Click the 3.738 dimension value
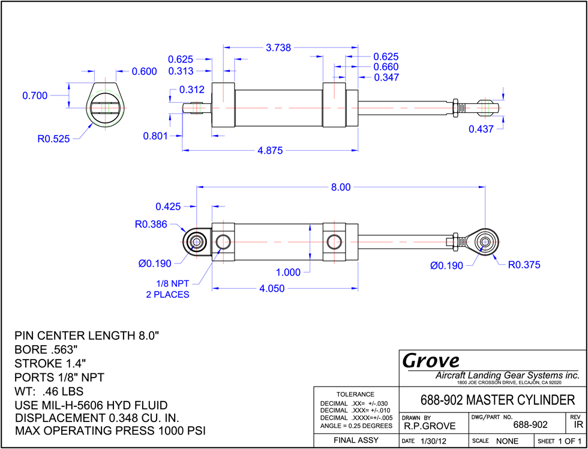point(278,47)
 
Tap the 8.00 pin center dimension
point(341,187)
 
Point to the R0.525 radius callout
point(53,139)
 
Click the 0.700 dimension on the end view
point(35,95)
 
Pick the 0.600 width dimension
point(145,71)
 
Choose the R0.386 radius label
point(151,224)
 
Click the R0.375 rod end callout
point(524,265)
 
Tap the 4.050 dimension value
point(271,289)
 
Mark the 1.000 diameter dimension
point(289,273)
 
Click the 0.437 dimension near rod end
point(481,129)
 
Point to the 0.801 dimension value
point(155,136)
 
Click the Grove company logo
point(431,361)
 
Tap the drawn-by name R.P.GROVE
point(430,426)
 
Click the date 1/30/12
point(434,441)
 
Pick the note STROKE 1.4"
point(50,364)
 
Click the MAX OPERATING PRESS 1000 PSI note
point(110,430)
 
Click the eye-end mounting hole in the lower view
point(196,242)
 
